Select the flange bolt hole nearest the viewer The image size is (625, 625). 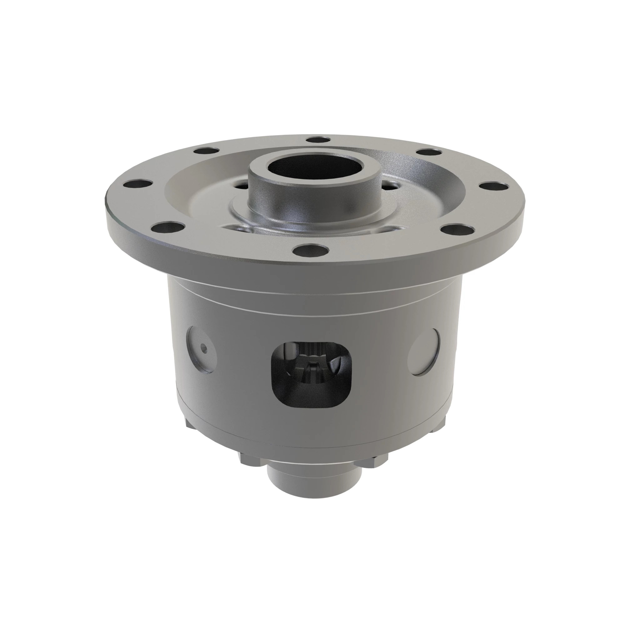[310, 250]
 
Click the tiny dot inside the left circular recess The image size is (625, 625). [203, 348]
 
